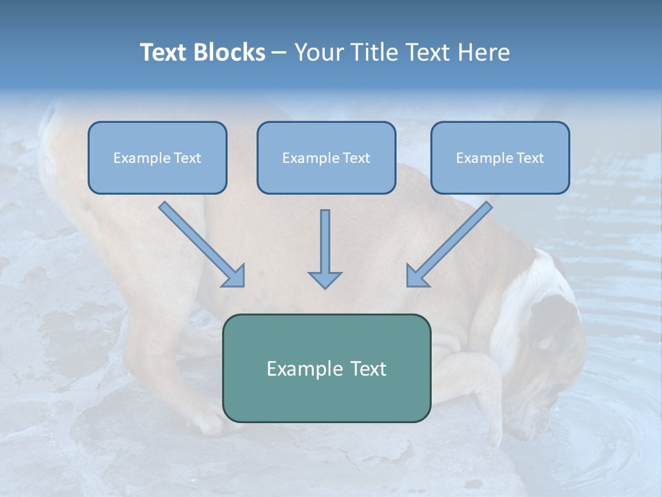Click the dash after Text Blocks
click(279, 53)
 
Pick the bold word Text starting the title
click(165, 52)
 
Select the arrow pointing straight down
click(325, 248)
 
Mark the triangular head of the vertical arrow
click(325, 280)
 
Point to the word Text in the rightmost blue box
click(530, 158)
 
